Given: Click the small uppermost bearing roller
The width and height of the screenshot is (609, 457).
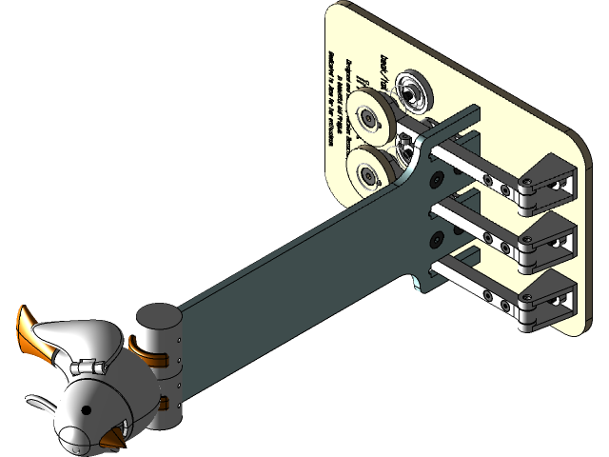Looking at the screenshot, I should point(412,91).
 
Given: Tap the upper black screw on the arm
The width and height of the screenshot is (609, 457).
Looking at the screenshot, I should point(437,178).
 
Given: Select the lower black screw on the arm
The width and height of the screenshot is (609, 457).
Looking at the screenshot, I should point(437,235).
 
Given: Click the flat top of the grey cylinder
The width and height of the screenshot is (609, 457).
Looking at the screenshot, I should point(156,318).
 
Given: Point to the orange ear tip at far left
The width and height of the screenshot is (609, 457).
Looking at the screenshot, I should point(24,328).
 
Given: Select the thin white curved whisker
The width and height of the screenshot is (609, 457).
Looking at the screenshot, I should point(36,405).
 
